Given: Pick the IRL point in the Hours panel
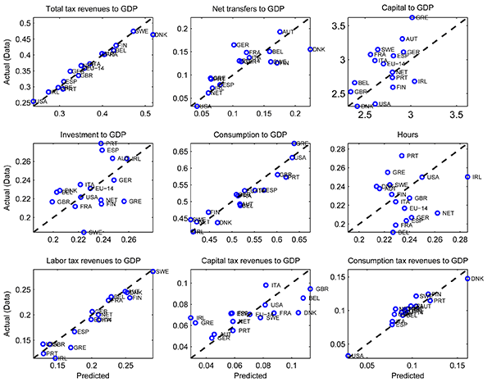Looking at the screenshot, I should (x=467, y=176).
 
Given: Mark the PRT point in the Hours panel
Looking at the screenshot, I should (x=402, y=156).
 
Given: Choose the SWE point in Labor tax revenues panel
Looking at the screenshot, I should (x=153, y=271).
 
